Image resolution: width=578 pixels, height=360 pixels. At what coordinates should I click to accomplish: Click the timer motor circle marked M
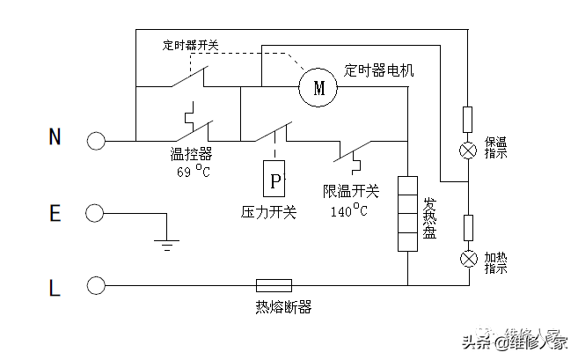[318, 86]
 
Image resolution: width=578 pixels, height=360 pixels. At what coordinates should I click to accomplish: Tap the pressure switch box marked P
[276, 181]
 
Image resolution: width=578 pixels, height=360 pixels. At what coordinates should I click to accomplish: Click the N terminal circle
[95, 140]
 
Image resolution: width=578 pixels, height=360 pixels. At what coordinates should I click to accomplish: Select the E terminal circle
[95, 213]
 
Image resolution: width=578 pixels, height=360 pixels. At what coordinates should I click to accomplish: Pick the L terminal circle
[95, 285]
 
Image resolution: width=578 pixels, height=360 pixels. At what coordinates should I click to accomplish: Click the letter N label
[55, 137]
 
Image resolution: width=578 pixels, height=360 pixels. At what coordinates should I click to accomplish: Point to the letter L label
[55, 287]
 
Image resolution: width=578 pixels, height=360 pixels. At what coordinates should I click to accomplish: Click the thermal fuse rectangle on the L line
[274, 285]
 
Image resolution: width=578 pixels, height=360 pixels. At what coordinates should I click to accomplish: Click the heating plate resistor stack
[407, 213]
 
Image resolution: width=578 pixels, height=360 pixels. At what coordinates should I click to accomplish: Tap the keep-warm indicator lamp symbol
[467, 149]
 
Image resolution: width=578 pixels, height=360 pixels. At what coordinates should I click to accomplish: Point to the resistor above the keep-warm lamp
[467, 118]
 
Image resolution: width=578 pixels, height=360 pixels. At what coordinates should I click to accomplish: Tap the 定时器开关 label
[192, 44]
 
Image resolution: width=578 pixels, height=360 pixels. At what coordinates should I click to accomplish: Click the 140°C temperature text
[349, 210]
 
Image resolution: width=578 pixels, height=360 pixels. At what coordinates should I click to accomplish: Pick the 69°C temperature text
[191, 170]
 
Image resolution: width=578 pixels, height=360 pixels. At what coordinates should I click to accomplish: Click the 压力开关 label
[269, 212]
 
